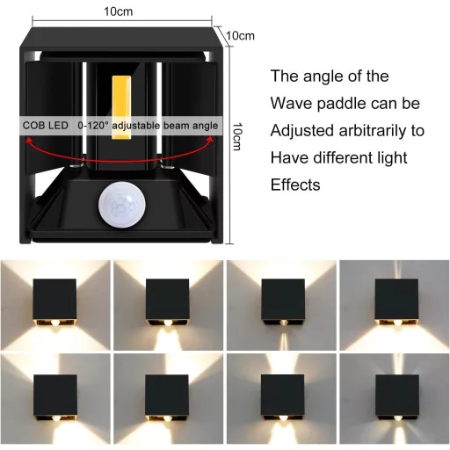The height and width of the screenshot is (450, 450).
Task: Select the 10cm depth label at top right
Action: click(240, 35)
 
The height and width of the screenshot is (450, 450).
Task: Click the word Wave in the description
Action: click(294, 104)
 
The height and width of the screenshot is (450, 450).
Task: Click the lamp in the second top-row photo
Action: click(167, 302)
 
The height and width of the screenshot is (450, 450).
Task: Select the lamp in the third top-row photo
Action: click(280, 302)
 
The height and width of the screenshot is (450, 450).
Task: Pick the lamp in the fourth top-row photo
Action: click(395, 302)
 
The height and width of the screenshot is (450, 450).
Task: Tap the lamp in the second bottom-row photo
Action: click(167, 396)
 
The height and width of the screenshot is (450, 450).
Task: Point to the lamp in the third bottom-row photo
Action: click(280, 396)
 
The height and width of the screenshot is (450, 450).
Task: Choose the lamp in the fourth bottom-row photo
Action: click(395, 396)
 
